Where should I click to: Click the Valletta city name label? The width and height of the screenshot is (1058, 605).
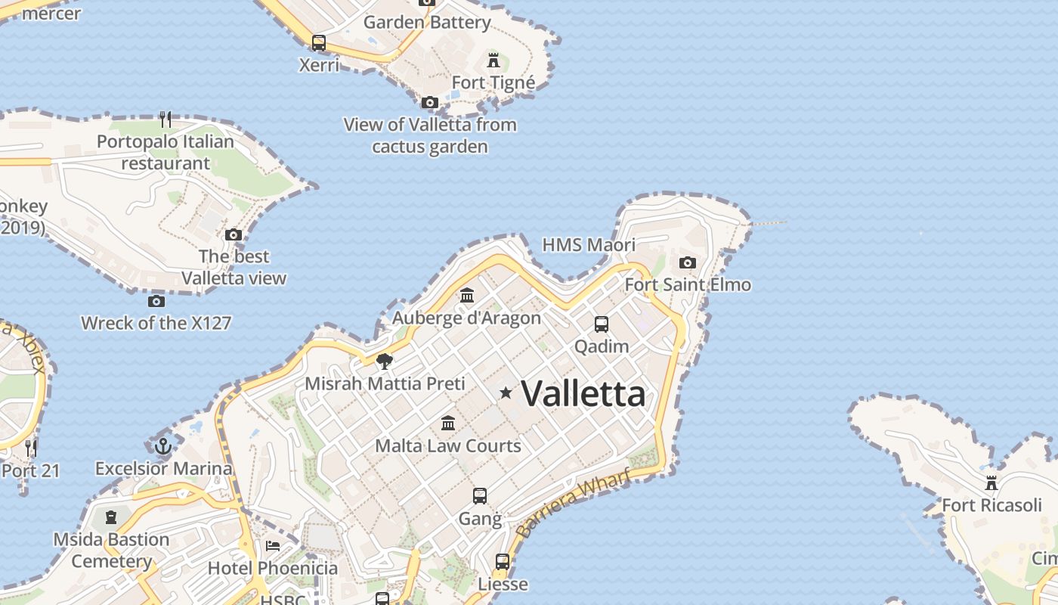pos(583,393)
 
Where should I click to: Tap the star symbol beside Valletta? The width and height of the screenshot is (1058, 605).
pos(506,392)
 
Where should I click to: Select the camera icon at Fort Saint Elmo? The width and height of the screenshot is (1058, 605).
pos(687,262)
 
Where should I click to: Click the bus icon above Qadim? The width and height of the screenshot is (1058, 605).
pos(602,324)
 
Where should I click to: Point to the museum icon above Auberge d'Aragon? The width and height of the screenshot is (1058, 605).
pos(467,295)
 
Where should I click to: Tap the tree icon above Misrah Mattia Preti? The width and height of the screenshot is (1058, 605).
pos(385,361)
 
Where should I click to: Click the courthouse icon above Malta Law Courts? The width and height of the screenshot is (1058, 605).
pos(448,423)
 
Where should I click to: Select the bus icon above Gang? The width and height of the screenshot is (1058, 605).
pos(480,496)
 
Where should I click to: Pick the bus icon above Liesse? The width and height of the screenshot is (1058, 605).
pos(503,562)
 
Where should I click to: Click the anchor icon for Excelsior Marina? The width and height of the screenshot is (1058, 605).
pos(163,445)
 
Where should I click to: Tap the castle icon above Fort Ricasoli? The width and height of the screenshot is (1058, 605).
pos(991,482)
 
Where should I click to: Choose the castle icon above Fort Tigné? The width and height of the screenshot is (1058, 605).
pos(493,60)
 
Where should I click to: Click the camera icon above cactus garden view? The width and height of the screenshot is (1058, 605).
pos(430,102)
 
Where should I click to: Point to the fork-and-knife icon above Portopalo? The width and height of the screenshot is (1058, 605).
pos(166,119)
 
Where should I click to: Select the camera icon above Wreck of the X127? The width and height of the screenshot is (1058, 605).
pos(156,301)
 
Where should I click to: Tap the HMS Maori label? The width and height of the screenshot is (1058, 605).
pos(589,245)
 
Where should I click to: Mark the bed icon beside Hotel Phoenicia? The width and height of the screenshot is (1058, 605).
pos(273,546)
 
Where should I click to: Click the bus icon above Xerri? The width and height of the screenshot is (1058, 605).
pos(319,43)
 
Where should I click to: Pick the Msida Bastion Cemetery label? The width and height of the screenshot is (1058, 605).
pos(111,550)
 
